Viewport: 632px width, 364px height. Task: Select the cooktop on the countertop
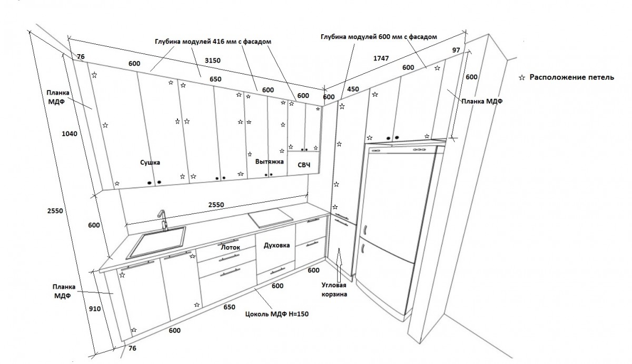click(x=270, y=217)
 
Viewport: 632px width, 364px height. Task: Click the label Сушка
click(x=150, y=163)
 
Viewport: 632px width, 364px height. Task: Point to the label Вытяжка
click(x=270, y=162)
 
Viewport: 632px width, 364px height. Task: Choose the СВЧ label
click(x=304, y=165)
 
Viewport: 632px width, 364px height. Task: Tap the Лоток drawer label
click(x=230, y=246)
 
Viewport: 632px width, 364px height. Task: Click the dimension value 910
click(x=95, y=309)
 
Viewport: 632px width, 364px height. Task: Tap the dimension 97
click(x=456, y=50)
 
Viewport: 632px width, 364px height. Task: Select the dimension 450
click(x=353, y=89)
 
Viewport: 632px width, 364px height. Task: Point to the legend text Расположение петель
click(x=571, y=77)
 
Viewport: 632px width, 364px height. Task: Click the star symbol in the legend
click(x=522, y=78)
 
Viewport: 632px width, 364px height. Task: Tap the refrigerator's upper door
click(x=398, y=195)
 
